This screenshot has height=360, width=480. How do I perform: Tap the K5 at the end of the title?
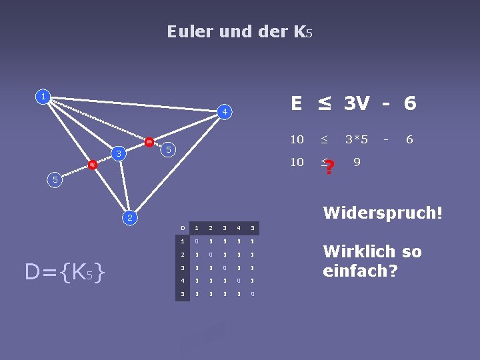(x=302, y=31)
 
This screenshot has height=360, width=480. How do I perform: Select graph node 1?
(x=43, y=96)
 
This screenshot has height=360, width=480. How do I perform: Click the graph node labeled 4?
(x=226, y=112)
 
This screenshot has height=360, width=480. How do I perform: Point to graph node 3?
(x=118, y=155)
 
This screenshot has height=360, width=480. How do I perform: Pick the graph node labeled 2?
(x=131, y=218)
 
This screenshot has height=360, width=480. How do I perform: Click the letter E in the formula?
(x=297, y=103)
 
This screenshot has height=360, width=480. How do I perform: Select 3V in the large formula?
(x=357, y=103)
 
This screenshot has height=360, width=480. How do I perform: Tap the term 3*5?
(x=357, y=139)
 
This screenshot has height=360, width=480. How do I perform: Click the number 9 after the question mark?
(x=357, y=162)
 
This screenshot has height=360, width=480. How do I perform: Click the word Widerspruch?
(x=383, y=213)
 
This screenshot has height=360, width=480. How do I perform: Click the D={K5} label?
(x=65, y=272)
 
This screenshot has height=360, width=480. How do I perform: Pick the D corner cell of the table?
(x=183, y=229)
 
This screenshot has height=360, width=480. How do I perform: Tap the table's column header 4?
(x=239, y=229)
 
